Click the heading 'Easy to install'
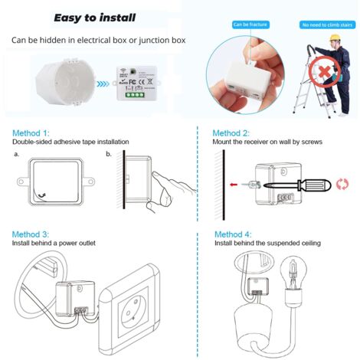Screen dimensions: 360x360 (x=106, y=17)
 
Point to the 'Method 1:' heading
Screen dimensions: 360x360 (x=31, y=133)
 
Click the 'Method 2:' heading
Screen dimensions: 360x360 (x=231, y=133)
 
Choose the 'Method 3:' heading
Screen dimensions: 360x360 (x=31, y=234)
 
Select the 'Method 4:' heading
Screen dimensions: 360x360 (x=233, y=234)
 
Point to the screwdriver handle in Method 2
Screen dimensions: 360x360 (x=303, y=185)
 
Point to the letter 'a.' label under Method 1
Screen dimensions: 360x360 (x=17, y=154)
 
